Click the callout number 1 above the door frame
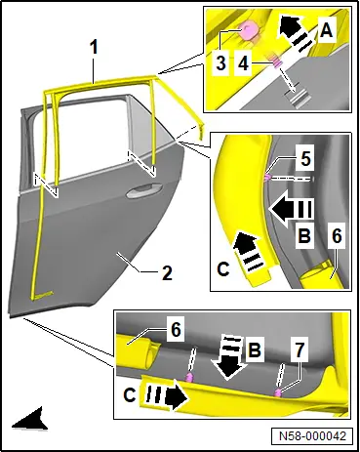pos(94,48)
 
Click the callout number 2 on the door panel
pos(167,272)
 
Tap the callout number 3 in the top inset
pos(220,62)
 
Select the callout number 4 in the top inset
pos(243,62)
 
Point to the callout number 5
pos(305,159)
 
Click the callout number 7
pos(299,349)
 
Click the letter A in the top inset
pos(326,31)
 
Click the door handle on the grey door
pos(144,190)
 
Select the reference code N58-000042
pos(312,435)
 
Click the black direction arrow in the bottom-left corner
pos(30,420)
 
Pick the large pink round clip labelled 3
pos(248,30)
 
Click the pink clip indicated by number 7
pos(278,392)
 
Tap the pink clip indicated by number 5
pos(267,177)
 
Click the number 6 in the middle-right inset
pos(337,235)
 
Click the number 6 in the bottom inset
pos(176,330)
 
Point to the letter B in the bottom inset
pos(255,350)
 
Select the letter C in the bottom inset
pos(130,395)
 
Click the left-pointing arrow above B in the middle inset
pos(292,209)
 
